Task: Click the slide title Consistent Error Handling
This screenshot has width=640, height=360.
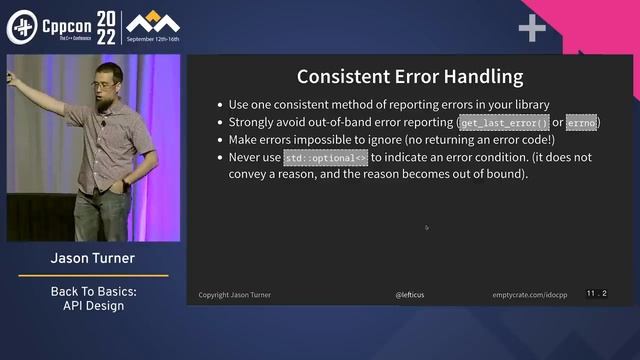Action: click(x=410, y=76)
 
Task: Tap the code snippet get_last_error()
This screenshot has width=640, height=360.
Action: click(x=504, y=123)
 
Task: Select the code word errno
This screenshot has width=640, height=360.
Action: click(x=581, y=123)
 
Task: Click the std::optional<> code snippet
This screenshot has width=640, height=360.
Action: click(x=326, y=158)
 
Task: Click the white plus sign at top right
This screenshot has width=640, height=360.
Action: click(x=532, y=29)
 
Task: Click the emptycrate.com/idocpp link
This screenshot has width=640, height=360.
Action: click(x=531, y=295)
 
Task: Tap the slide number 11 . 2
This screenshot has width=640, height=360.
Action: click(x=597, y=293)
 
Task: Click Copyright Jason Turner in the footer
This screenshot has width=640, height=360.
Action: click(x=234, y=295)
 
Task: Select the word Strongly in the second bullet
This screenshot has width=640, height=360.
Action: click(x=254, y=123)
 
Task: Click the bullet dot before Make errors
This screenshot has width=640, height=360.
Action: click(x=219, y=141)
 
